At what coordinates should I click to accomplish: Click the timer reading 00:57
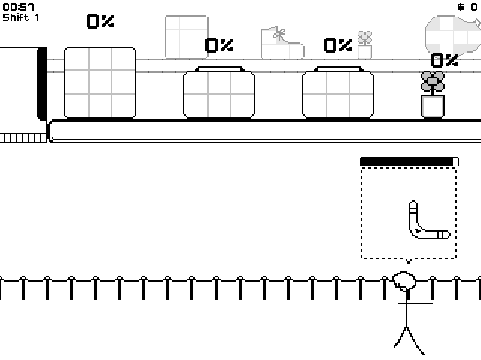[x=18, y=7]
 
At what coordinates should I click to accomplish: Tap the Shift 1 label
[x=21, y=17]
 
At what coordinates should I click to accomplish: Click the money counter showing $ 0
[x=467, y=7]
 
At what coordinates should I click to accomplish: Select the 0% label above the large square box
[x=100, y=21]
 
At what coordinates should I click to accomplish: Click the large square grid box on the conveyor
[x=100, y=83]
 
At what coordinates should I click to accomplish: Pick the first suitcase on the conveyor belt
[x=219, y=93]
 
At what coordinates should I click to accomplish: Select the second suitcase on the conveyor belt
[x=338, y=93]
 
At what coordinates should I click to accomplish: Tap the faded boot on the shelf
[x=282, y=43]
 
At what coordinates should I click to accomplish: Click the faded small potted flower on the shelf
[x=365, y=44]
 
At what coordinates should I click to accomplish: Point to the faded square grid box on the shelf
[x=187, y=37]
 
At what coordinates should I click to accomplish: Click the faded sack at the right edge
[x=453, y=36]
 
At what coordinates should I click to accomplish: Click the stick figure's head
[x=404, y=281]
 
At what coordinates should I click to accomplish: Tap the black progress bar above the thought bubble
[x=409, y=162]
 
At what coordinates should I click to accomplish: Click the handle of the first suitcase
[x=219, y=69]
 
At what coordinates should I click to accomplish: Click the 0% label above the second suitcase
[x=338, y=45]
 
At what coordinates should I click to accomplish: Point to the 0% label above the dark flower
[x=445, y=60]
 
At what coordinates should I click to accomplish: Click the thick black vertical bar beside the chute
[x=42, y=84]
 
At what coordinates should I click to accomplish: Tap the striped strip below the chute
[x=23, y=138]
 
